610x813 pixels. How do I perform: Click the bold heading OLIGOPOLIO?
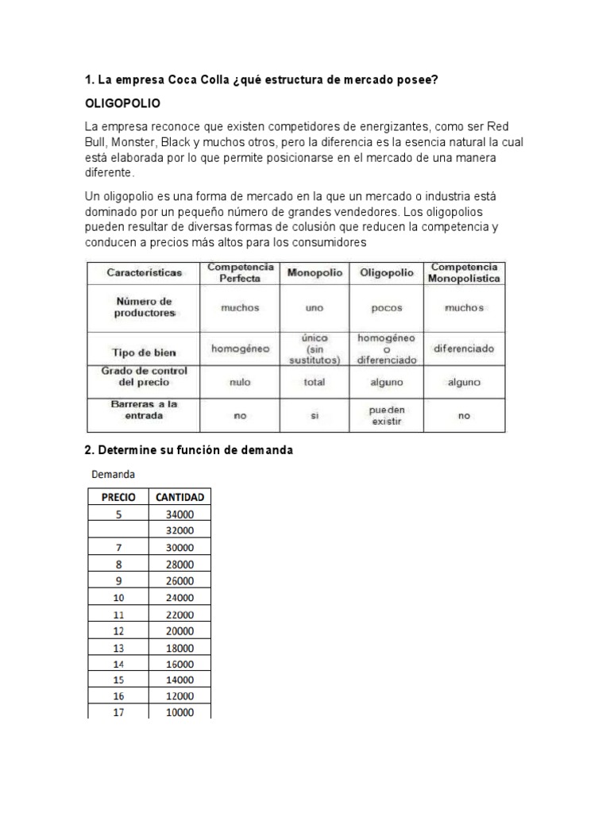[122, 104]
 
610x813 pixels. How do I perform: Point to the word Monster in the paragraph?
[134, 142]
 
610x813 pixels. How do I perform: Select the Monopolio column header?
[315, 272]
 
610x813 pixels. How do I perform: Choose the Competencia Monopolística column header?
[464, 272]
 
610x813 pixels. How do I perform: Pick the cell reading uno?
[315, 308]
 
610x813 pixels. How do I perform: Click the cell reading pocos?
[387, 308]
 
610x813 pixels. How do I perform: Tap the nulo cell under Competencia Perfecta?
[240, 382]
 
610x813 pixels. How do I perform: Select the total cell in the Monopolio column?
[315, 382]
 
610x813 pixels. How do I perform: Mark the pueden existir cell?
[386, 415]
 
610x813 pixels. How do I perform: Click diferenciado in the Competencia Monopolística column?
[464, 348]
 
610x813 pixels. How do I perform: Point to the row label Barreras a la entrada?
[144, 410]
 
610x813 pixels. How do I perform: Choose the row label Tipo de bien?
[144, 353]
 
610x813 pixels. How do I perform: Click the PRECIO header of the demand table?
[118, 497]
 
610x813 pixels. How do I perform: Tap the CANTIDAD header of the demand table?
[180, 497]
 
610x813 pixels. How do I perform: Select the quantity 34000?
[180, 514]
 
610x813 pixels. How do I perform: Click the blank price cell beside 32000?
[118, 530]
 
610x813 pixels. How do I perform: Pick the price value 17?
[118, 712]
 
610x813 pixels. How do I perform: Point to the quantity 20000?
[180, 630]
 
